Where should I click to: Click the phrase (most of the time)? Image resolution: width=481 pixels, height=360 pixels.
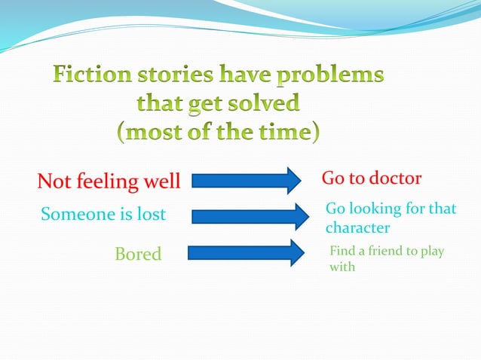click(x=218, y=132)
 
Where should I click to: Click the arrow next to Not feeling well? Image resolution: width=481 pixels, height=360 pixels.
click(x=246, y=181)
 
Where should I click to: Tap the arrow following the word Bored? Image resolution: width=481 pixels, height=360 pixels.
click(x=240, y=253)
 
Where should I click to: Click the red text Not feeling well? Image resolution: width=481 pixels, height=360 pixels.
click(x=109, y=182)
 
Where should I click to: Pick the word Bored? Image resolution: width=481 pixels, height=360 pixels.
click(x=138, y=254)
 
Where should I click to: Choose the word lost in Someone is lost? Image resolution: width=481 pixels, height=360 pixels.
click(x=150, y=215)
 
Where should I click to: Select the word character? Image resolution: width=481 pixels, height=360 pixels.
click(x=357, y=227)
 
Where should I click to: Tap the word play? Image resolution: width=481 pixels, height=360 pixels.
click(x=431, y=251)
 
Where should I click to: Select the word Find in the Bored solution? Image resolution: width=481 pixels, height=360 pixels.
click(x=342, y=251)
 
